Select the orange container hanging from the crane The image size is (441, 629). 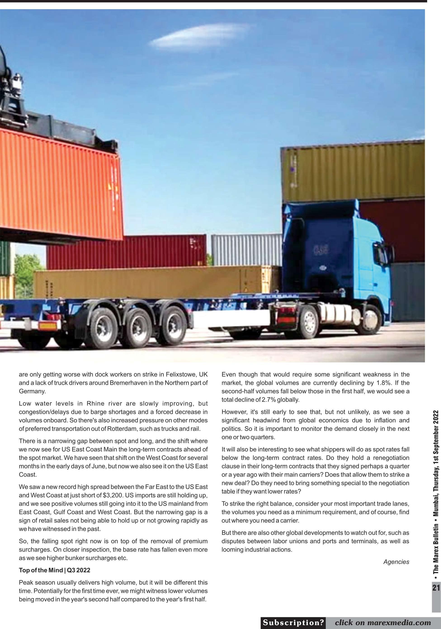point(60,184)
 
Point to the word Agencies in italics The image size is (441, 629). point(396,562)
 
